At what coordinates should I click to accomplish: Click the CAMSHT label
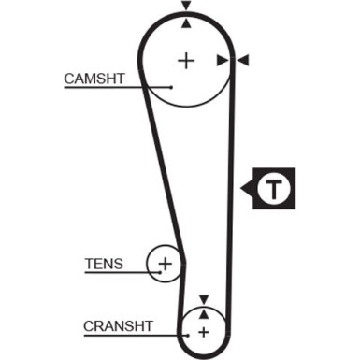pyautogui.click(x=94, y=79)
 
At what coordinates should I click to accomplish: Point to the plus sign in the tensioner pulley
pyautogui.click(x=166, y=264)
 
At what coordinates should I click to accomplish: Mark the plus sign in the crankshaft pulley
pyautogui.click(x=201, y=331)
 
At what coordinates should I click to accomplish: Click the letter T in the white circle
pyautogui.click(x=273, y=190)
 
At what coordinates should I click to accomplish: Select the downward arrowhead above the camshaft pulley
pyautogui.click(x=186, y=6)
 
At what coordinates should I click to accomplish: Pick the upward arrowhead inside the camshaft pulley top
pyautogui.click(x=186, y=22)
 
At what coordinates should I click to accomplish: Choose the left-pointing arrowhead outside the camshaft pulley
pyautogui.click(x=243, y=61)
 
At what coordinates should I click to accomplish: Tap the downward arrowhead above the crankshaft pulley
pyautogui.click(x=202, y=299)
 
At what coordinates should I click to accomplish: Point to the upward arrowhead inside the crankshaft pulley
pyautogui.click(x=202, y=314)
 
